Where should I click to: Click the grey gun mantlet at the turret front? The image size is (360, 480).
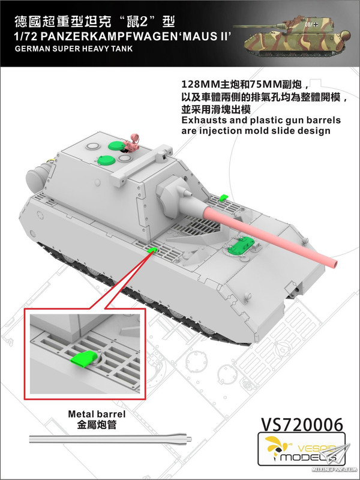[x=175, y=191]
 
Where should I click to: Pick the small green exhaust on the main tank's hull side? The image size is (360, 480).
[x=152, y=250]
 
